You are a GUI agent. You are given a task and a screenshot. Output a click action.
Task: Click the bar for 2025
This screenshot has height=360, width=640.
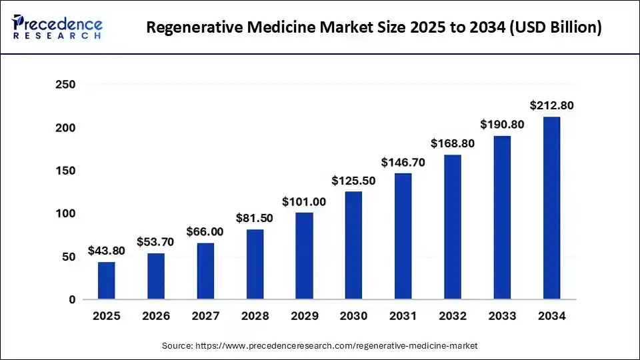pos(106,281)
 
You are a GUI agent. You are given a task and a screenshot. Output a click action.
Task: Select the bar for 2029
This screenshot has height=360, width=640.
pos(304,256)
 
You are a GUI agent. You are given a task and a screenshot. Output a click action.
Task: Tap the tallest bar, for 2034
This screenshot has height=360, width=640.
pos(551,208)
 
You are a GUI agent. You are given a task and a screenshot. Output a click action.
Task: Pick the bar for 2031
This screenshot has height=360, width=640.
pos(403,236)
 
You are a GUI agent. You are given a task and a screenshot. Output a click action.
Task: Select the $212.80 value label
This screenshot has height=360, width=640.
pos(551,105)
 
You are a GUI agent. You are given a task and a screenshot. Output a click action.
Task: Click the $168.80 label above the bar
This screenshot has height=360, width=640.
pos(453,143)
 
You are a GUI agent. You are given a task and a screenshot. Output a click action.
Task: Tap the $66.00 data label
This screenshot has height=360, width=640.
pos(205,232)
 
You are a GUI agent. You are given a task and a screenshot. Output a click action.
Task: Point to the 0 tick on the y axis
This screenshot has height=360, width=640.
pos(71,300)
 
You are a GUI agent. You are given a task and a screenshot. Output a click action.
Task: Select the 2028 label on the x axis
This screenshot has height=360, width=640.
pos(255,316)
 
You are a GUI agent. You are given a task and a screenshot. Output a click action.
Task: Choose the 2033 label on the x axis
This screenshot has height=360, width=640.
pos(502,316)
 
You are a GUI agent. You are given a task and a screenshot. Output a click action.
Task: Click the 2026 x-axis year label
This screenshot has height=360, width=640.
pos(155,316)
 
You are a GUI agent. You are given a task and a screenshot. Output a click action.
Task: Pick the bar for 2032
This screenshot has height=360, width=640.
pos(453,227)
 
